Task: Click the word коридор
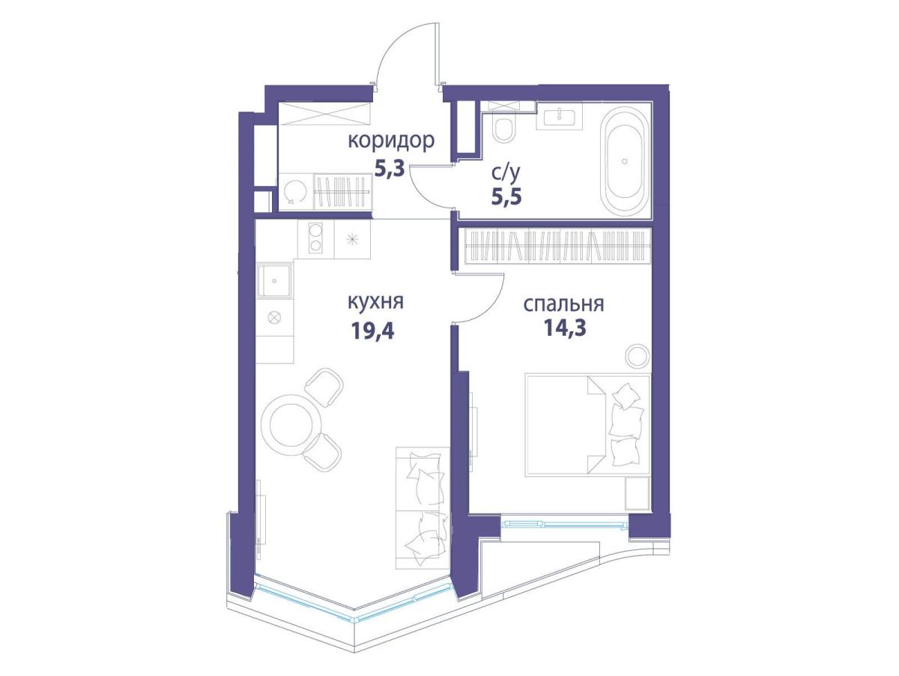391,142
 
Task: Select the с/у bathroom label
506,174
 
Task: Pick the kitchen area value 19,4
372,331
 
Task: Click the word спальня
563,304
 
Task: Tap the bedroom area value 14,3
565,328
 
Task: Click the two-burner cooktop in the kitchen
315,238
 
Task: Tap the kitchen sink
275,280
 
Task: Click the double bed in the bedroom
587,425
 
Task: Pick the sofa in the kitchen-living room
423,508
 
